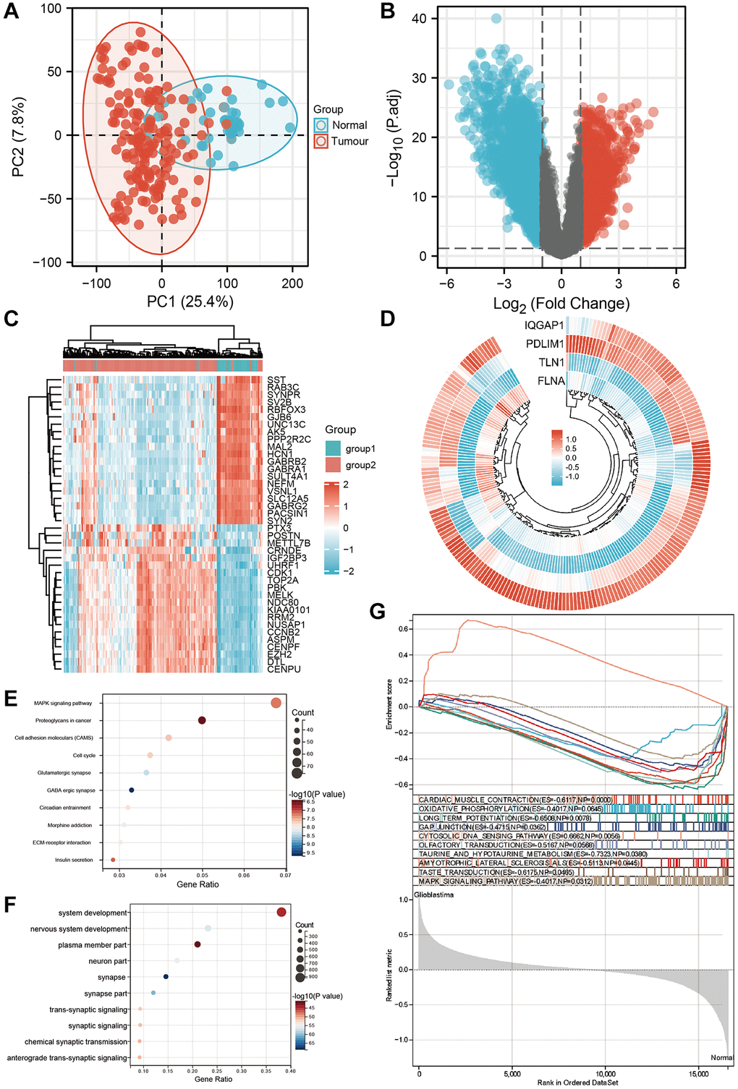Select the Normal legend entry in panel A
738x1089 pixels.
(349, 125)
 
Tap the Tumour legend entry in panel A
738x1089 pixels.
(349, 142)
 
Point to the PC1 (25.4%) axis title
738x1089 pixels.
(190, 302)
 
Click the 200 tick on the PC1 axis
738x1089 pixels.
(292, 283)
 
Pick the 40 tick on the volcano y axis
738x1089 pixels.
(419, 19)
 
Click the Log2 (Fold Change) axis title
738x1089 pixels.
(561, 304)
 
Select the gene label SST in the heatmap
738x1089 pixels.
(276, 380)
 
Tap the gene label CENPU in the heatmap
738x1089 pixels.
(284, 670)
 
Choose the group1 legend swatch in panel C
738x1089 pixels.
(333, 449)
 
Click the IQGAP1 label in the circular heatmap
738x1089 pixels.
(544, 325)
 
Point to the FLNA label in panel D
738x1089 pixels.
(551, 381)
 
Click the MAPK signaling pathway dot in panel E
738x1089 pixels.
(276, 703)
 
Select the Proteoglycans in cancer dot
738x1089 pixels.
(202, 720)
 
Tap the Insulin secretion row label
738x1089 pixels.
(74, 860)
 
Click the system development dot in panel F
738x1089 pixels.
(281, 913)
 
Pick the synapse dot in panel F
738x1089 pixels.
(166, 977)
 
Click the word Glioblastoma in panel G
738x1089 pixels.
(434, 895)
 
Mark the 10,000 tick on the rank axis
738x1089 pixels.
(606, 1074)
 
